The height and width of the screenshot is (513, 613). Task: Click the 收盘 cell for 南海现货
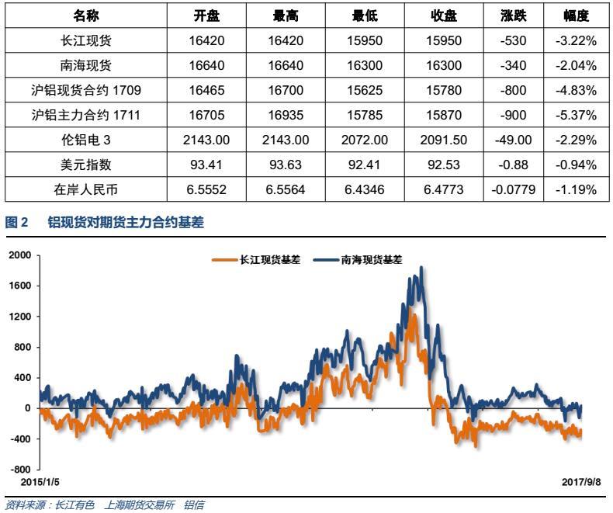tap(445, 66)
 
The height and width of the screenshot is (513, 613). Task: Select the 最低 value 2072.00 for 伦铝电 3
tap(365, 140)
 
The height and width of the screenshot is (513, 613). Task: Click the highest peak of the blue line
tap(421, 269)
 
